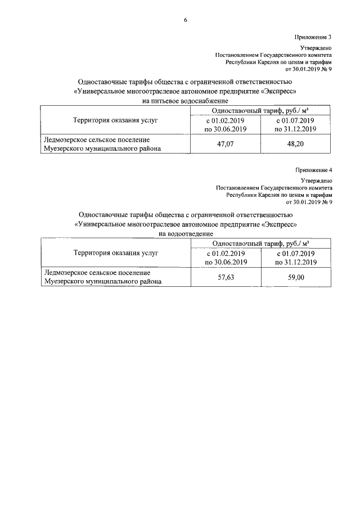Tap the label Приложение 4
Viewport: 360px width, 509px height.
click(314, 169)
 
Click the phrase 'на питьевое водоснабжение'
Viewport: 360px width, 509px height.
click(185, 101)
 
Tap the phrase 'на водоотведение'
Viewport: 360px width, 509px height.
click(185, 233)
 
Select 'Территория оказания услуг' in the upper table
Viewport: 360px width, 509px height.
click(116, 120)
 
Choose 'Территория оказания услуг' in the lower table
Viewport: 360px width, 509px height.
click(116, 253)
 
